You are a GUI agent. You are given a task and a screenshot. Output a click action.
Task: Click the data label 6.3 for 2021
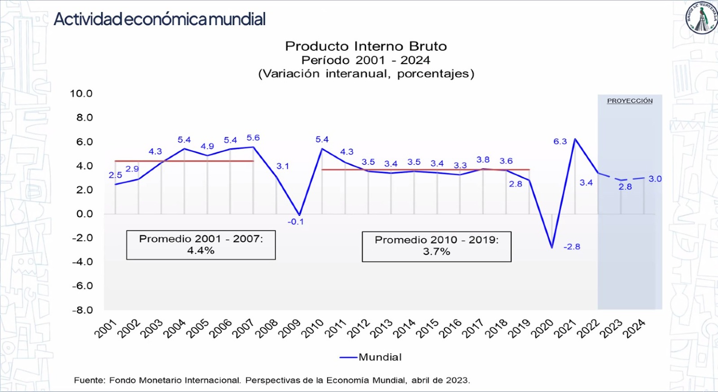pyautogui.click(x=560, y=141)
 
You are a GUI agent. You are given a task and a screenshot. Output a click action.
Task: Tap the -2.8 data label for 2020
pyautogui.click(x=572, y=247)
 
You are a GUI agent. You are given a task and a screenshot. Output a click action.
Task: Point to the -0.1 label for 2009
pyautogui.click(x=296, y=221)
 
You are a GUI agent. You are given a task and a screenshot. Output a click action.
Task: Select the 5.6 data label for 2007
pyautogui.click(x=253, y=138)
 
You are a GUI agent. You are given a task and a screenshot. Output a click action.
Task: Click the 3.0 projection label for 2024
pyautogui.click(x=655, y=179)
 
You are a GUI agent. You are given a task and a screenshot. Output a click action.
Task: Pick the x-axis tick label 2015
pyautogui.click(x=428, y=328)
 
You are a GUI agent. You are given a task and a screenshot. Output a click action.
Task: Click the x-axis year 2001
pyautogui.click(x=106, y=328)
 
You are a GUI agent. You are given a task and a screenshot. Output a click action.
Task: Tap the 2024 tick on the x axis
pyautogui.click(x=635, y=328)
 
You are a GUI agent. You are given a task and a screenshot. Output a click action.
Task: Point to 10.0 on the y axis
pyautogui.click(x=81, y=93)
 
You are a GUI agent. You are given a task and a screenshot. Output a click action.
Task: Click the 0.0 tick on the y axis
pyautogui.click(x=84, y=214)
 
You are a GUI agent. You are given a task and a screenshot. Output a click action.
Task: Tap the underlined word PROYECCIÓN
pyautogui.click(x=630, y=101)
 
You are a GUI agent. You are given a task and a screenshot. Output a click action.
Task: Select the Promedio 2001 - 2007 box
pyautogui.click(x=201, y=245)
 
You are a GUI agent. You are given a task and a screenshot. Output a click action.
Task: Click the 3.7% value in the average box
pyautogui.click(x=436, y=251)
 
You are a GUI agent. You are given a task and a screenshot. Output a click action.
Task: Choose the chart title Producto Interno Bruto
pyautogui.click(x=366, y=46)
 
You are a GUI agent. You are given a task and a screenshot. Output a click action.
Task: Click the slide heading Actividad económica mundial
pyautogui.click(x=160, y=19)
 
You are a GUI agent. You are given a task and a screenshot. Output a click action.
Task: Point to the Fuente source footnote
pyautogui.click(x=272, y=380)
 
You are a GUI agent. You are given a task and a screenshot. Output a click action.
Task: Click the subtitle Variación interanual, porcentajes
pyautogui.click(x=366, y=74)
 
